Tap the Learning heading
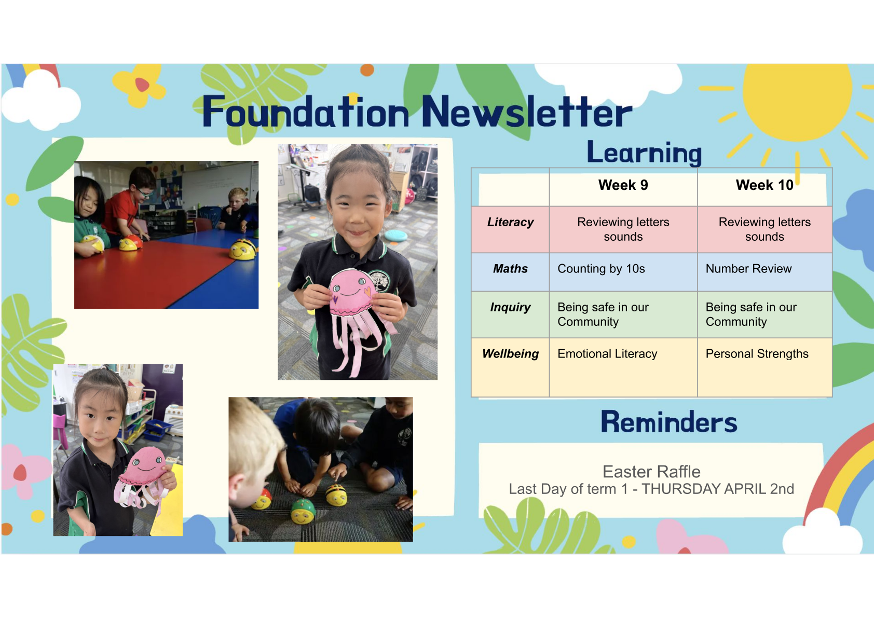[x=644, y=153]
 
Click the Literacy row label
[x=510, y=222]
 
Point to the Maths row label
[x=510, y=268]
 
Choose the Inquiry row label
[x=510, y=307]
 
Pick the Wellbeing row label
[x=510, y=353]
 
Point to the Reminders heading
[x=669, y=422]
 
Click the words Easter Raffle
[x=651, y=472]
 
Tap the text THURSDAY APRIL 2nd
[x=718, y=489]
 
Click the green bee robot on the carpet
[x=303, y=511]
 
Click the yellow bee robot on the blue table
[x=243, y=249]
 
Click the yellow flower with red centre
[x=140, y=85]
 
